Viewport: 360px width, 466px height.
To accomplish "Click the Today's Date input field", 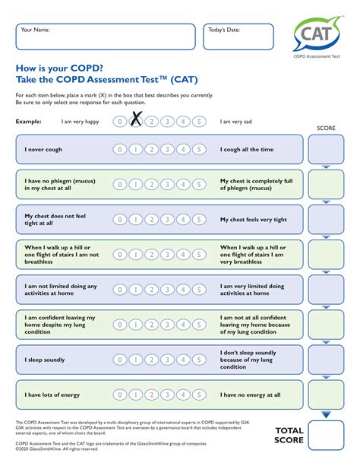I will (238, 36).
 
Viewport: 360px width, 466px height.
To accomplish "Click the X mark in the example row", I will (136, 120).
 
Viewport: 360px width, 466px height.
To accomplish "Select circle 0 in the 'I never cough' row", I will (119, 150).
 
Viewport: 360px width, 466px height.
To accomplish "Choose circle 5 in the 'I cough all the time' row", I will (198, 150).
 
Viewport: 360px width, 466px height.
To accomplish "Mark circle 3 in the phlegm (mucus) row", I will (166, 185).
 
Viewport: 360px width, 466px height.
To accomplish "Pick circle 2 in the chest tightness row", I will (150, 220).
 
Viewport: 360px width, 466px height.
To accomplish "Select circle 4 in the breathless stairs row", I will (182, 255).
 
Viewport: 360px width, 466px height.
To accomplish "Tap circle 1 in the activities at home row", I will (135, 290).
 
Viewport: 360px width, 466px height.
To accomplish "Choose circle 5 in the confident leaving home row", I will (198, 325).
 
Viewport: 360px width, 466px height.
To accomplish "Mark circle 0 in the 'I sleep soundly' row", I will (119, 360).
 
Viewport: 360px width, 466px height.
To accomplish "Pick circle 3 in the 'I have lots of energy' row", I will (166, 395).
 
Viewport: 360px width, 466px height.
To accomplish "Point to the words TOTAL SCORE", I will (289, 436).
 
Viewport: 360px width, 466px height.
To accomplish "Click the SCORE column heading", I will (326, 128).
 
